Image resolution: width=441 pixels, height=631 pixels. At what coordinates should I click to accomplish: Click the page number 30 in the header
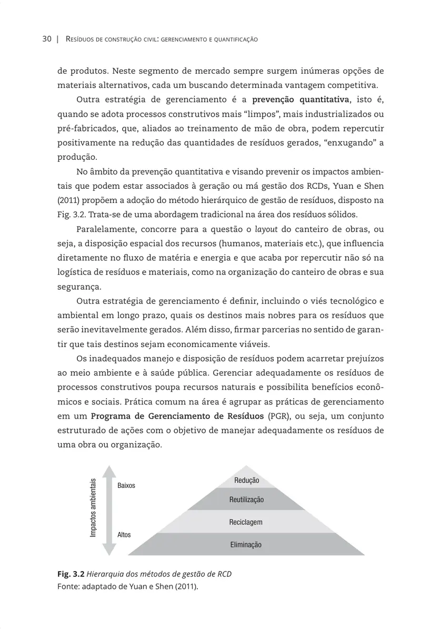point(47,39)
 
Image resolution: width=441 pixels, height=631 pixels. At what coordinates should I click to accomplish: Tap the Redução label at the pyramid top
point(246,480)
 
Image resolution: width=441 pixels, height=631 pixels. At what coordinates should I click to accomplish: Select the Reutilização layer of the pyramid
point(246,500)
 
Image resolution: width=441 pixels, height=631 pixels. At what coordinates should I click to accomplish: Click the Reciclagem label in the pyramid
point(246,522)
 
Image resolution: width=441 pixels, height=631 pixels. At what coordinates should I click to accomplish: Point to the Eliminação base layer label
point(246,545)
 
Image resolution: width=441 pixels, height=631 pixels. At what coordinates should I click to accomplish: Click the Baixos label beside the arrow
point(126,485)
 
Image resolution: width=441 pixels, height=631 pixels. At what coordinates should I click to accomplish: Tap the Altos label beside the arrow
point(124,534)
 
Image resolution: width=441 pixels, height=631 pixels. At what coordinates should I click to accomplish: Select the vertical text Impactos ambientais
point(93,508)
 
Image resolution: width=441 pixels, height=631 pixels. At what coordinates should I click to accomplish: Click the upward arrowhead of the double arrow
point(108,472)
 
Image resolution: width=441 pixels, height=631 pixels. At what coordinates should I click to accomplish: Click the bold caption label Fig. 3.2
point(71,574)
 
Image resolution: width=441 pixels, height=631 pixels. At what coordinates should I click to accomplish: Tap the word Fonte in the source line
point(68,586)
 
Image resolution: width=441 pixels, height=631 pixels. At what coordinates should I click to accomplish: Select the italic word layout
point(266,229)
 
